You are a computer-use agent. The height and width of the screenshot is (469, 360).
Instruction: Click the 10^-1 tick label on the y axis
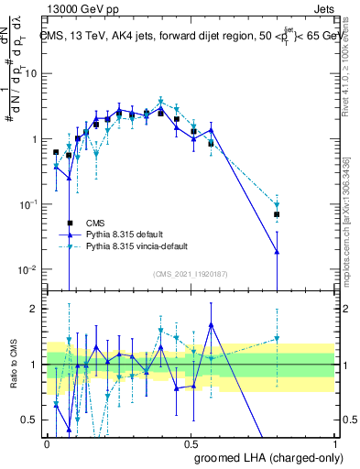coord(28,204)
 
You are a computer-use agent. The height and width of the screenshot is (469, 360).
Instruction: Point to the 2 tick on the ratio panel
coord(37,309)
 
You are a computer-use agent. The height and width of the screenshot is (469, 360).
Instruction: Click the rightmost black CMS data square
coord(277,214)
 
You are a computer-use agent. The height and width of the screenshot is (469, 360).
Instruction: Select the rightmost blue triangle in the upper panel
coord(277,252)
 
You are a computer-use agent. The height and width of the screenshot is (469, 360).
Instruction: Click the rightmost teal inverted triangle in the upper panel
coord(277,205)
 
